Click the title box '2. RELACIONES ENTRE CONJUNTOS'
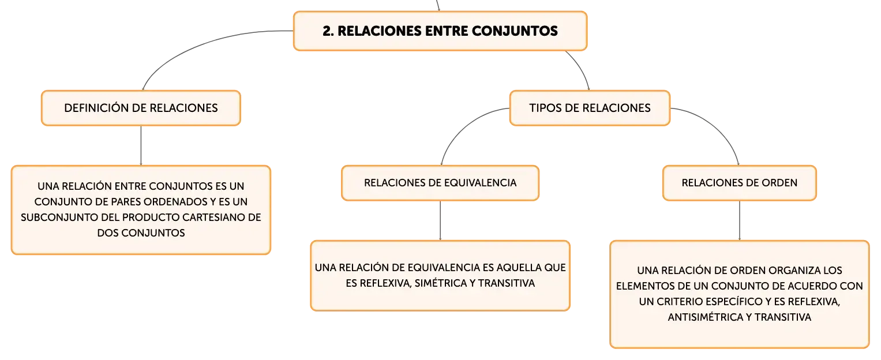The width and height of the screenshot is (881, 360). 440,31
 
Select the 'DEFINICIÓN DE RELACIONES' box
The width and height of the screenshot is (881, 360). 141,108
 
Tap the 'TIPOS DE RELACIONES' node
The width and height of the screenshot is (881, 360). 590,108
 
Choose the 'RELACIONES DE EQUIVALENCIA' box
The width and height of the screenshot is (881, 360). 440,183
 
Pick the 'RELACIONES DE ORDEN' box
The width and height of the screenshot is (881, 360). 740,183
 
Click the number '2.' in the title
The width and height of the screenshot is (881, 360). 328,31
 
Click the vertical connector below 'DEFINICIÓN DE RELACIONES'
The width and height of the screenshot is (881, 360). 141,145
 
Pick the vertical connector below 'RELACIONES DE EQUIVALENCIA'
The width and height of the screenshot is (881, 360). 440,220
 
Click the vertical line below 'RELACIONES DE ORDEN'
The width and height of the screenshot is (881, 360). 740,220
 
